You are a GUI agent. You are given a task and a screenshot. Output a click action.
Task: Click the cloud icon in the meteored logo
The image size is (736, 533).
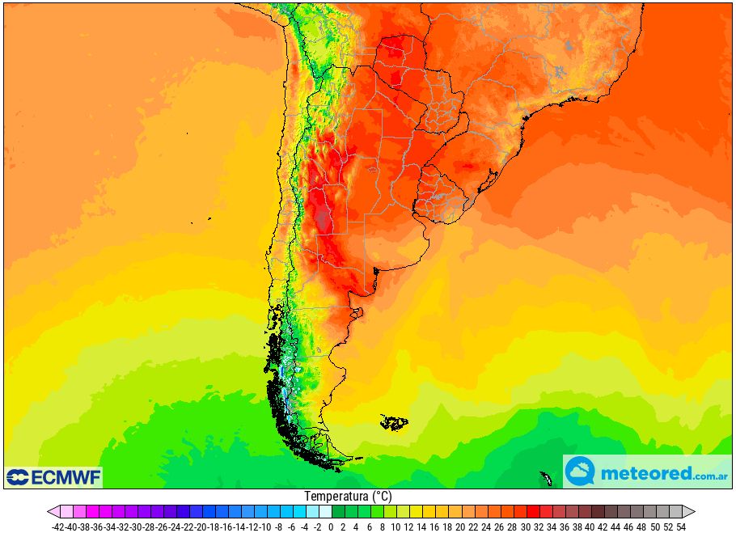(580, 472)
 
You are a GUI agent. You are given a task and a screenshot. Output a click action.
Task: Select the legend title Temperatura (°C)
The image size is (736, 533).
(348, 496)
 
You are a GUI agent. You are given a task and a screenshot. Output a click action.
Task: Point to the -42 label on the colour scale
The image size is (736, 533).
(57, 527)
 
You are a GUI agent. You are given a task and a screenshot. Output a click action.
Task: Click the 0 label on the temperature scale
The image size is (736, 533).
(331, 527)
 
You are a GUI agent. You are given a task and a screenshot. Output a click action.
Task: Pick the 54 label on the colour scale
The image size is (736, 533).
(682, 527)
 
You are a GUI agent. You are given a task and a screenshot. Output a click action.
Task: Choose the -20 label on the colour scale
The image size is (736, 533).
(201, 527)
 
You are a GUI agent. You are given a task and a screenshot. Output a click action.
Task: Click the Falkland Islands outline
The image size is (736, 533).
(395, 422)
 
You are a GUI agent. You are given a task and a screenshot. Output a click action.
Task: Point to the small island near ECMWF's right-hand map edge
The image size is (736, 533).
(546, 479)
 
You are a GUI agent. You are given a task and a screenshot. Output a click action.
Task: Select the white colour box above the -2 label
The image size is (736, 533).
(325, 512)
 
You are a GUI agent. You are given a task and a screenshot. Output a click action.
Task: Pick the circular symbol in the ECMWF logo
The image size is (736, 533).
(17, 477)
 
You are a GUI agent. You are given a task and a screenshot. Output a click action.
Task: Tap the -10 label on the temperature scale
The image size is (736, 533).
(265, 527)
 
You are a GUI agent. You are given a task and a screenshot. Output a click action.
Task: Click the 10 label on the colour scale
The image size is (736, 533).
(395, 527)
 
